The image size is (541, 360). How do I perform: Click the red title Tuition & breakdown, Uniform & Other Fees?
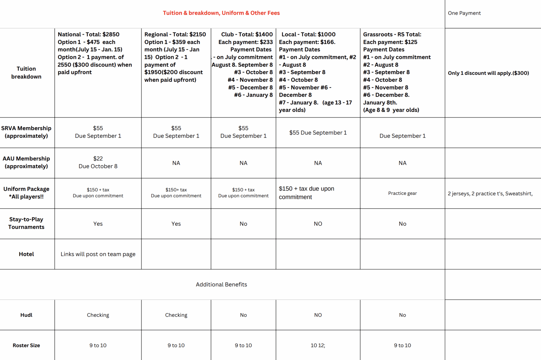[x=221, y=13]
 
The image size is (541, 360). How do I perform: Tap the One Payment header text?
[x=464, y=13]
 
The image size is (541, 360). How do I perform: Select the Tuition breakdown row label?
[x=26, y=73]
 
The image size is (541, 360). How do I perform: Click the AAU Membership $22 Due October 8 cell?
[x=98, y=163]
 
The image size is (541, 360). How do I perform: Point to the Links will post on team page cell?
[x=98, y=254]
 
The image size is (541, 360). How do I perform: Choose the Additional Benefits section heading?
[x=221, y=285]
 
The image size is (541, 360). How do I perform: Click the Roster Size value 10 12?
[x=318, y=345]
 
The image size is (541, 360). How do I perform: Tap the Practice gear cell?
[x=402, y=193]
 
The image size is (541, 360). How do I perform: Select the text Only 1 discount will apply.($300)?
[x=488, y=73]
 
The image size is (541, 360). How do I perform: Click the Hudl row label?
[x=26, y=315]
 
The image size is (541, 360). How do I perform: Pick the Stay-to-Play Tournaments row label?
[x=26, y=223]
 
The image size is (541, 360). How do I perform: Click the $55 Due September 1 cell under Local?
[x=318, y=133]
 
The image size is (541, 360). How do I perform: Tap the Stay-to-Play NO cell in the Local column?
[x=318, y=224]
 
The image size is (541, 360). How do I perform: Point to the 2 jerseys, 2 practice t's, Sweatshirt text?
[x=490, y=194]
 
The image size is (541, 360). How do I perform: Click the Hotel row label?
[x=26, y=254]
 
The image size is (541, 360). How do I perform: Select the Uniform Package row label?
[x=26, y=193]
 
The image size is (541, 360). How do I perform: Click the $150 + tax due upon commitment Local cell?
[x=306, y=193]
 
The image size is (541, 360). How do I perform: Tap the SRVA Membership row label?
[x=26, y=132]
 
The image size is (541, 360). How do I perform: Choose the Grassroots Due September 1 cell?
[x=402, y=136]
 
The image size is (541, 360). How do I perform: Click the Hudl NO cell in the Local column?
[x=318, y=315]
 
